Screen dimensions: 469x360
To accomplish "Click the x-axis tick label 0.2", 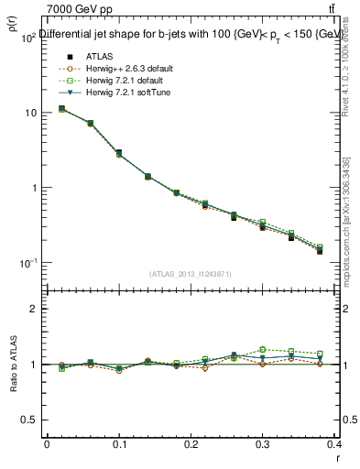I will (191, 445).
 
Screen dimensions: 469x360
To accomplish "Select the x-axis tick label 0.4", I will (334, 445).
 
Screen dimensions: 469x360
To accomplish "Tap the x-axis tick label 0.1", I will (118, 445).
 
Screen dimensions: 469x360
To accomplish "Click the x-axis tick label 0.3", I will (263, 445).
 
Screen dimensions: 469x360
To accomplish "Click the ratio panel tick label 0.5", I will (29, 420).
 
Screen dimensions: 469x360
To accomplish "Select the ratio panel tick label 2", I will (33, 309).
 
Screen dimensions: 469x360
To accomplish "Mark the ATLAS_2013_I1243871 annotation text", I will (190, 274).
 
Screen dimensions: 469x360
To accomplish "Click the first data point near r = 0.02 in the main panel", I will (61, 109).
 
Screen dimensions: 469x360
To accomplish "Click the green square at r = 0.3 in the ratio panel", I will (263, 349).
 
